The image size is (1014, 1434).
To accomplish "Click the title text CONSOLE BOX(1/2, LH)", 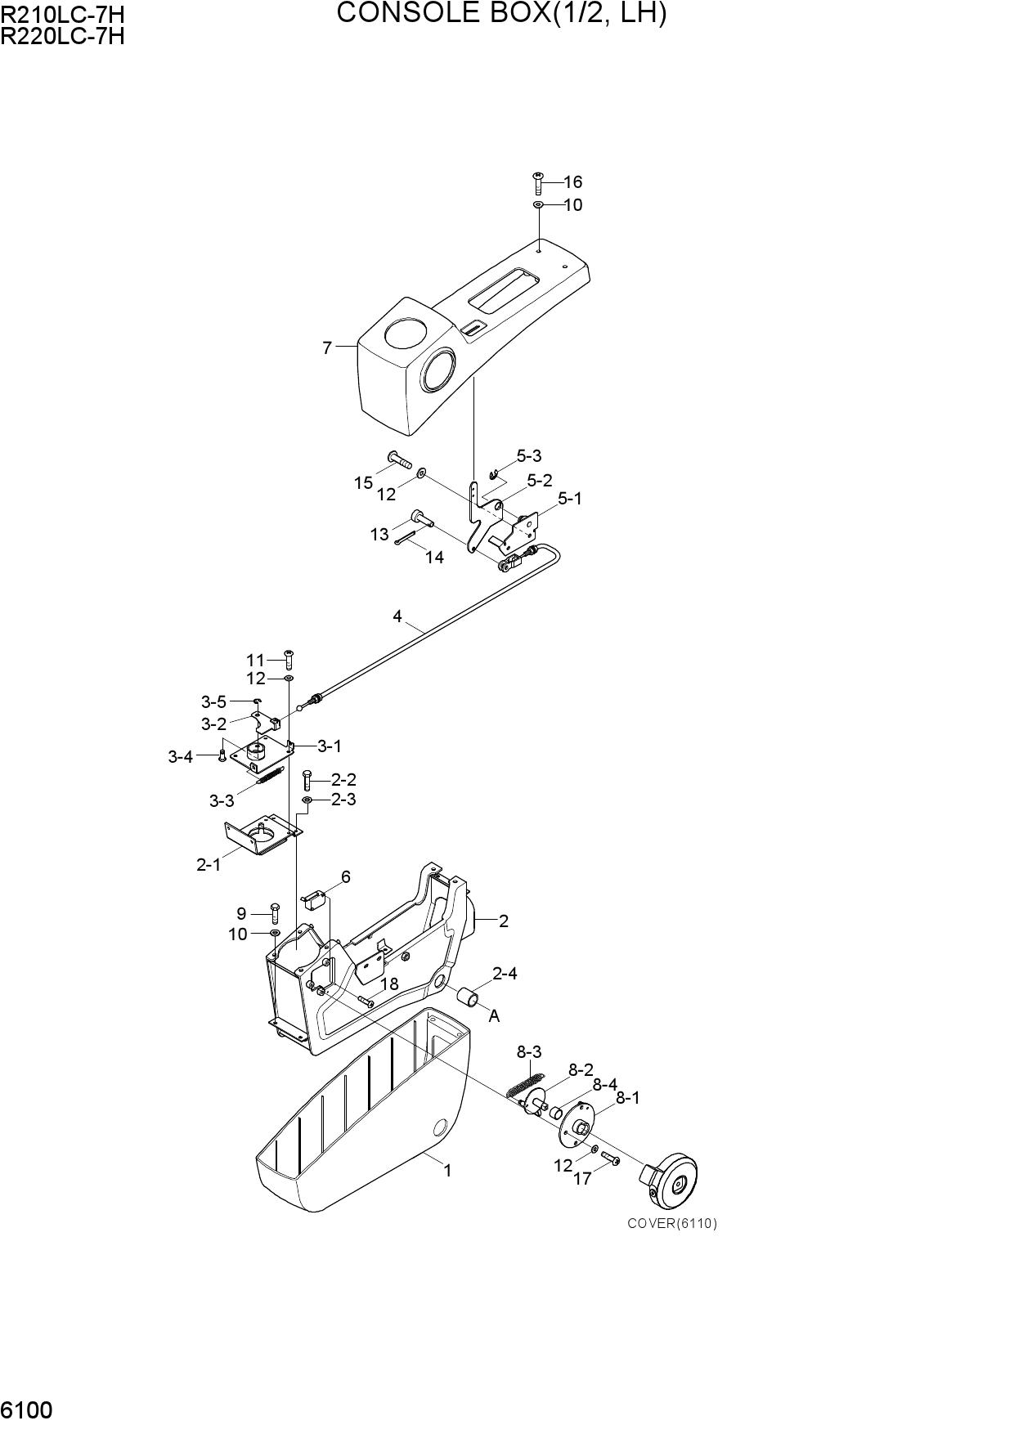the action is click(x=501, y=13).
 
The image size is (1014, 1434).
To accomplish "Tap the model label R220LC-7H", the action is click(x=63, y=36).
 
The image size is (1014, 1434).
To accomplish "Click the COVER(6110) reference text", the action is click(x=672, y=1223).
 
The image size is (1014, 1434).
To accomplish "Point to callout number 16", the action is click(x=572, y=182).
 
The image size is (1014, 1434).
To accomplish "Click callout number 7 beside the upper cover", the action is click(x=327, y=348).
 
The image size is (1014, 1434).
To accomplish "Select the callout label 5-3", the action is click(x=528, y=456).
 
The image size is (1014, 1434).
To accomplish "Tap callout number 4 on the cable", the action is click(x=397, y=616).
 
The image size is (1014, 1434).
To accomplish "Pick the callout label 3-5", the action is click(x=213, y=701).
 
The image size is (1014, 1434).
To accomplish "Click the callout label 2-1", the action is click(x=209, y=864).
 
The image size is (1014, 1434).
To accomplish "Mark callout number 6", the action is click(x=346, y=877).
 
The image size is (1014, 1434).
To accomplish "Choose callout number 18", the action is click(x=389, y=984).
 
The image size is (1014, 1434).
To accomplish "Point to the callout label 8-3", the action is click(x=528, y=1051).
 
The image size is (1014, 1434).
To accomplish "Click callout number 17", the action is click(x=581, y=1180).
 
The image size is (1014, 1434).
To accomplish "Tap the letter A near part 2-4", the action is click(x=494, y=1016).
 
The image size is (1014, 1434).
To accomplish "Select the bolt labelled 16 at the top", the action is click(x=538, y=183).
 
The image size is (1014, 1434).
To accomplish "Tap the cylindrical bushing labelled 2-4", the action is click(x=469, y=998).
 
